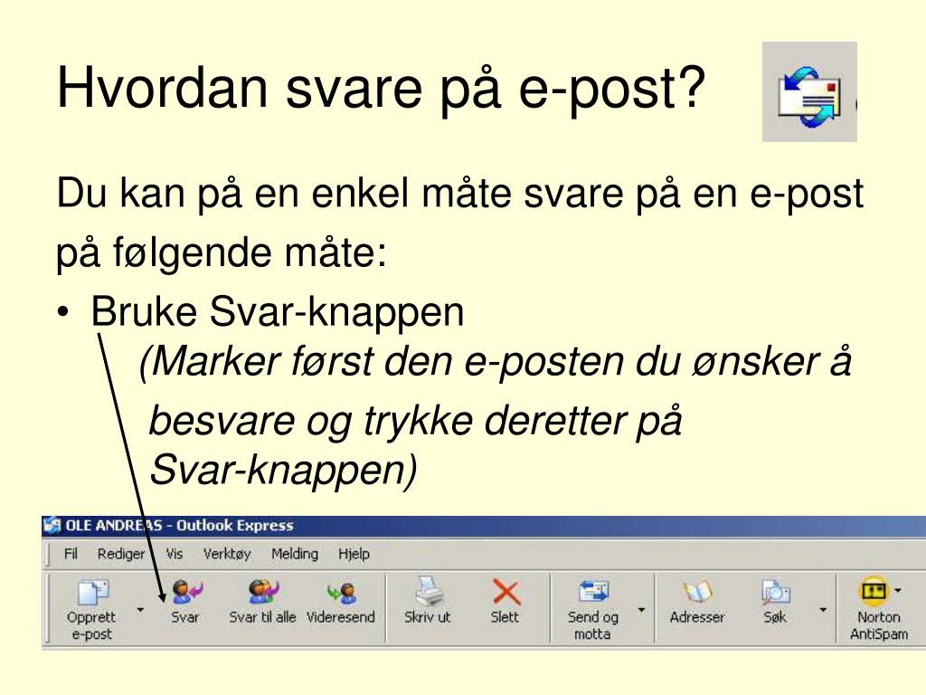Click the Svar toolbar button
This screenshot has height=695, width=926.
185,602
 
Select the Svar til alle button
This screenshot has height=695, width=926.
263,602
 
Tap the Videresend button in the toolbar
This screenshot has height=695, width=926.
341,602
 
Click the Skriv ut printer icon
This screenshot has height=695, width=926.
427,591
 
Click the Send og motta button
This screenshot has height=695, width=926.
593,609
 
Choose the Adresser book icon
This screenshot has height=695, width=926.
697,592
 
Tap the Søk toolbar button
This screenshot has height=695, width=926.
775,602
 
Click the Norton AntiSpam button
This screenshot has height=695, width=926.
879,609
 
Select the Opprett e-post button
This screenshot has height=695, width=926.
91,609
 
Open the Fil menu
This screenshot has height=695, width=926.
71,554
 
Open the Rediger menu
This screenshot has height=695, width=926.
121,555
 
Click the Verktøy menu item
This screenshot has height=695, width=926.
227,555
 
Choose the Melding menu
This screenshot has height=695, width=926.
295,555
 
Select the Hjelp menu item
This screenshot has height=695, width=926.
354,555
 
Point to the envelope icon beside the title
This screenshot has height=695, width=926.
809,91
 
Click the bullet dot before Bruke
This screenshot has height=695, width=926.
64,312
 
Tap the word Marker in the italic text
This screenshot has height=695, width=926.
215,361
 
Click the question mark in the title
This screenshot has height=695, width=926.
690,86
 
